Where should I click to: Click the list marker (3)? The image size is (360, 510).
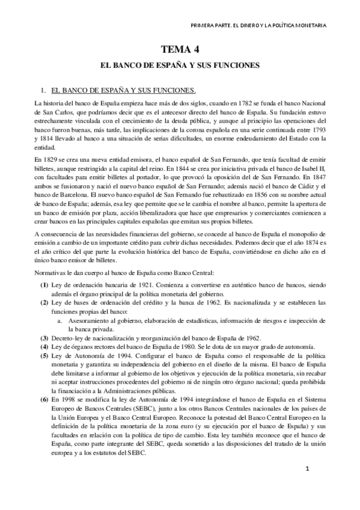point(44,338)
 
